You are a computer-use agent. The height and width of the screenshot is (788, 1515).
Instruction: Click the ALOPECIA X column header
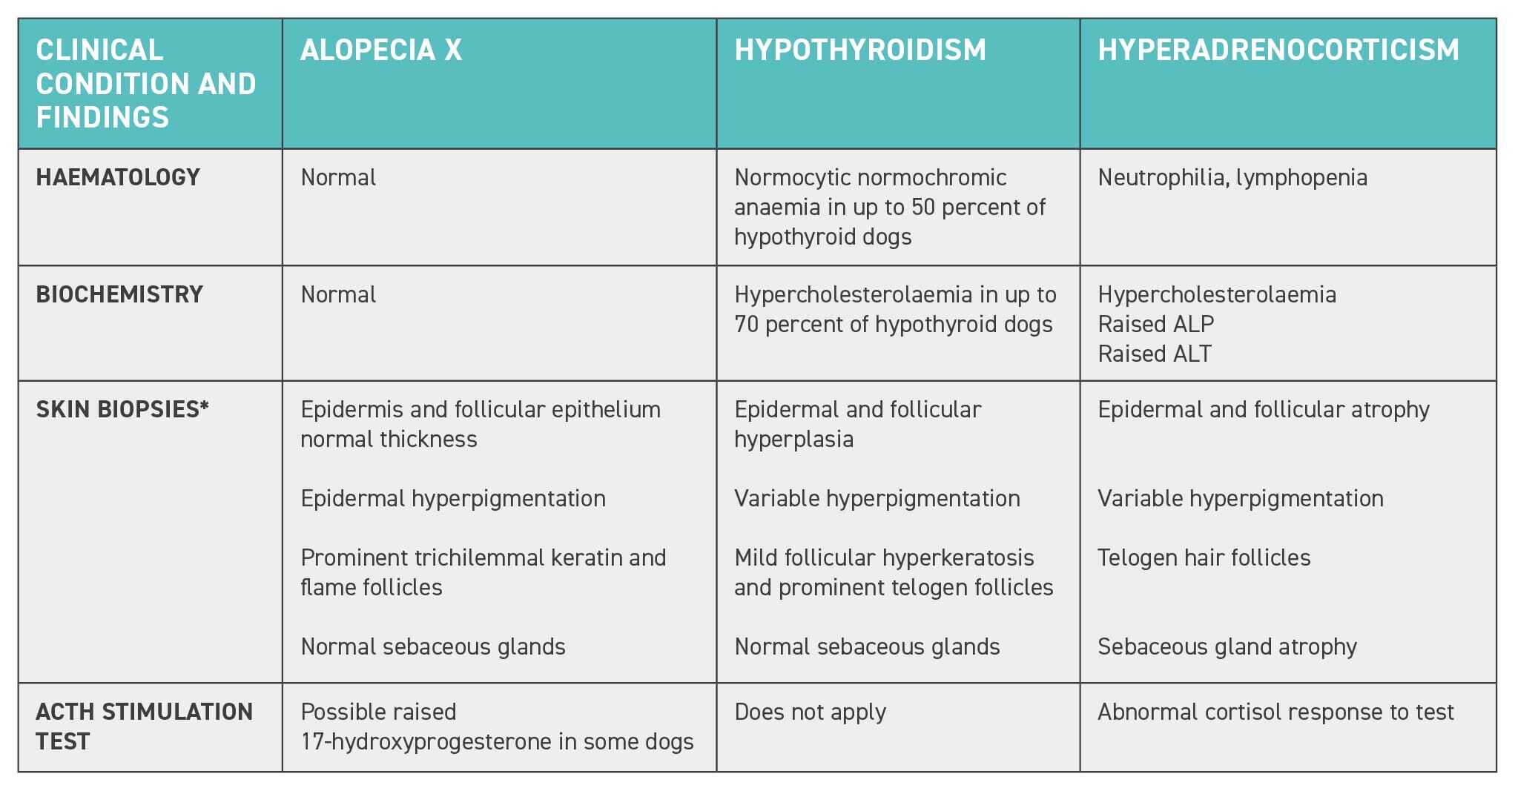coord(381,50)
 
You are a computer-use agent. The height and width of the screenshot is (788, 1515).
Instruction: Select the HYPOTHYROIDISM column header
coord(860,50)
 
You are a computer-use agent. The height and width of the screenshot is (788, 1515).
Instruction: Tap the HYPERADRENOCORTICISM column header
coord(1278,50)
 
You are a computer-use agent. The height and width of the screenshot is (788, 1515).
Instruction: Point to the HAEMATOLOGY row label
coord(118,178)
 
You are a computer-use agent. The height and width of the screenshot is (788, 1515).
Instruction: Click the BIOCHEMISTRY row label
coord(119,294)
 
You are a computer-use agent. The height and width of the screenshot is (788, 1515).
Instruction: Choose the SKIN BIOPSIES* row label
coord(122,409)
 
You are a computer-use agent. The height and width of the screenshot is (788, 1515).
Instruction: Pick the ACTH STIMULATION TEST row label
coord(144,726)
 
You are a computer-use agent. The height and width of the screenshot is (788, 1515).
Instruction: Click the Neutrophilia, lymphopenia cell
coord(1232,178)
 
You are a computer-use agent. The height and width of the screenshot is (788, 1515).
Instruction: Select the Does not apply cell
coord(810,712)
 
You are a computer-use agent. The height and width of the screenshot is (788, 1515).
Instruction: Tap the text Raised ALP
coord(1155,324)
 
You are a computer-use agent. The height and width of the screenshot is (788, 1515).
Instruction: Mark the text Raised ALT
coord(1154,354)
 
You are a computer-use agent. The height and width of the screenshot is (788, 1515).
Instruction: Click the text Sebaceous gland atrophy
coord(1227,647)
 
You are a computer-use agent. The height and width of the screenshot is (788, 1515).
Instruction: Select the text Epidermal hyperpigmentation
coord(453,499)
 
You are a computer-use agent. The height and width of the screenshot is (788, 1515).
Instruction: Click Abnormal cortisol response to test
coord(1275,712)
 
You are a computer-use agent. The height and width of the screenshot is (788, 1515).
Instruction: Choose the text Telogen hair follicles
coord(1204,558)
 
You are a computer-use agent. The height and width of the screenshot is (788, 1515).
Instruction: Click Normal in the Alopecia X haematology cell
coord(338,178)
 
